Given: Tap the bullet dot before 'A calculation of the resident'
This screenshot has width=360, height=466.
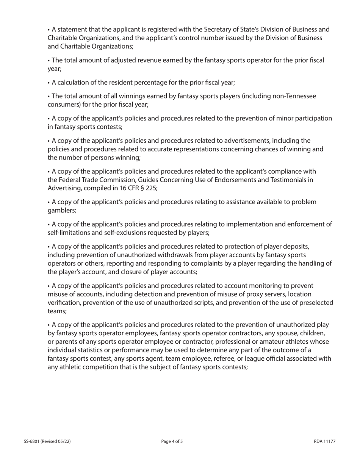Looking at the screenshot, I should (x=49, y=83).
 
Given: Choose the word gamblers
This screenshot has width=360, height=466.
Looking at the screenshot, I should (x=61, y=211).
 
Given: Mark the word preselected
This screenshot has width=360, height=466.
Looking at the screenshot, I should (x=316, y=303).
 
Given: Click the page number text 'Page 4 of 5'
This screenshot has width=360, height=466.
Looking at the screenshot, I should (x=172, y=441).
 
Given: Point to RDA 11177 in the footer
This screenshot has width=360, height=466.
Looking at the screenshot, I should (x=325, y=441).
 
